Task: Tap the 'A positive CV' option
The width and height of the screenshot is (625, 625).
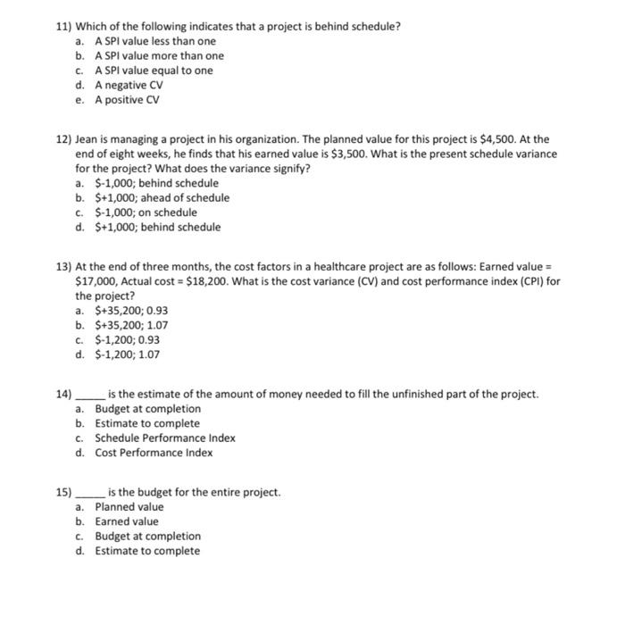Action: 127,99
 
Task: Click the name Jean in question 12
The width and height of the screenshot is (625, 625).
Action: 87,139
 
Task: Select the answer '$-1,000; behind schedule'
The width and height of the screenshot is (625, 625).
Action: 156,183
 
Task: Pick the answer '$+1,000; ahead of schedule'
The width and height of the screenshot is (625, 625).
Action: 162,197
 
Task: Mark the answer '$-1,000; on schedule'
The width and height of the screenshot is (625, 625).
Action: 146,212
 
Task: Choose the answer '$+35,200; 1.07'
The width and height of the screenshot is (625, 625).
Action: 131,325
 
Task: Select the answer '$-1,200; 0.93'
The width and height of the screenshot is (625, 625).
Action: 128,339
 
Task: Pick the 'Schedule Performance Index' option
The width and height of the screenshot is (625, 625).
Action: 165,438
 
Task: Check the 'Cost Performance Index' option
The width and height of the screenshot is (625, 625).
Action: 154,453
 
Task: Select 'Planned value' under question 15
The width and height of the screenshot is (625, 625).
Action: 129,507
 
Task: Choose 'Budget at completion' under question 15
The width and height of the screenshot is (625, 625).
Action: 147,537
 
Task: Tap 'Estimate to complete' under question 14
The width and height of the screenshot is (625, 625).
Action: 147,423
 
